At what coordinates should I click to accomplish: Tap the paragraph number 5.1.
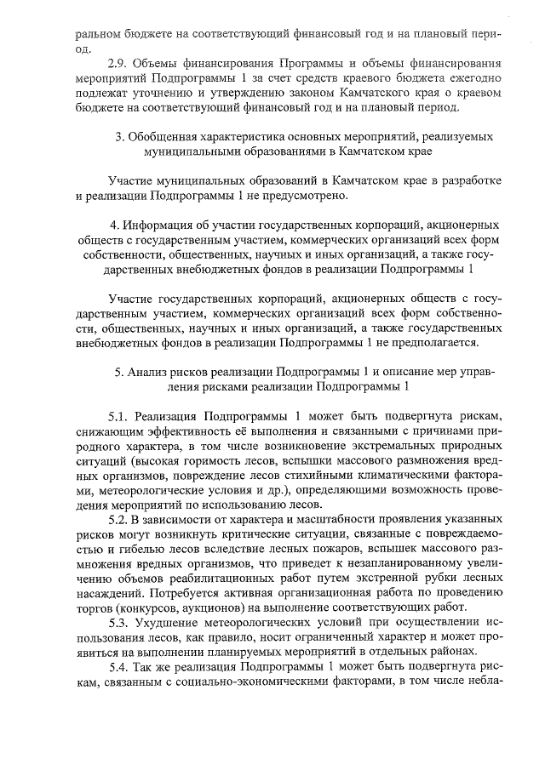(x=119, y=416)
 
